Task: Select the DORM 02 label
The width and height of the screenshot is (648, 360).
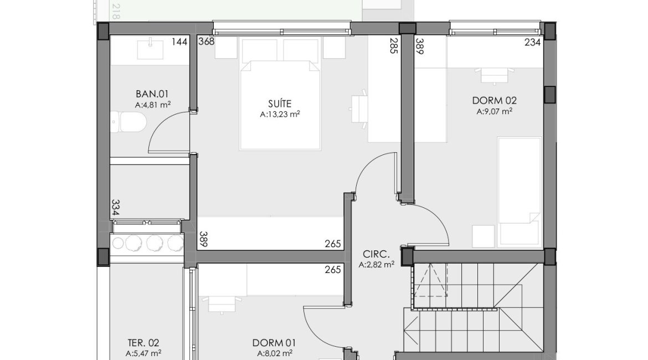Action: click(494, 100)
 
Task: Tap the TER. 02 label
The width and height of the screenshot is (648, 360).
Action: click(143, 343)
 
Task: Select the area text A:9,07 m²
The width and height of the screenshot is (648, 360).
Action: click(494, 111)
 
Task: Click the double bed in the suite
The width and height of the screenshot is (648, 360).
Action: click(280, 105)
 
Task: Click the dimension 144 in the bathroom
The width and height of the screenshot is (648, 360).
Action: click(179, 42)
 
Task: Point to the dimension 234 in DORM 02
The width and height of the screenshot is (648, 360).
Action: click(532, 42)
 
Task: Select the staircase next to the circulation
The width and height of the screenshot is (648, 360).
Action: click(476, 305)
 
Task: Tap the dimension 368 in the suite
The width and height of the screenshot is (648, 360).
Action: click(207, 42)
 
